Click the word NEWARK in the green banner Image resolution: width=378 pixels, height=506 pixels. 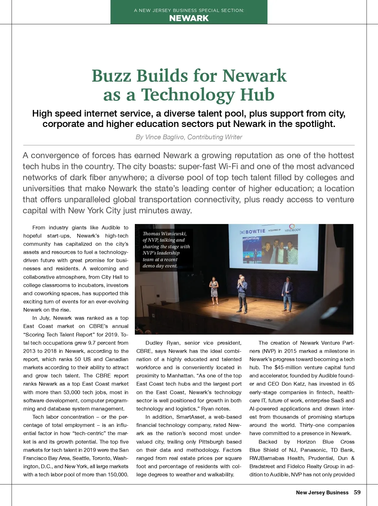[x=189, y=18]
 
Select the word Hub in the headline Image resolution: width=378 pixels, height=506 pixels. [x=257, y=95]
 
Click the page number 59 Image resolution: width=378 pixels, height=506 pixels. [x=357, y=492]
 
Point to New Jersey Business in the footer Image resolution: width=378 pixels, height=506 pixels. [x=322, y=493]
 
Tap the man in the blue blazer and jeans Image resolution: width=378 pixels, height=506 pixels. [x=287, y=294]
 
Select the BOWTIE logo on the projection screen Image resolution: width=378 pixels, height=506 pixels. [x=253, y=232]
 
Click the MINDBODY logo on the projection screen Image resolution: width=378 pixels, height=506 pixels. [x=293, y=229]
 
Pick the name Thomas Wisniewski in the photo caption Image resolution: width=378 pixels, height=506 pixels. [x=164, y=233]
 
